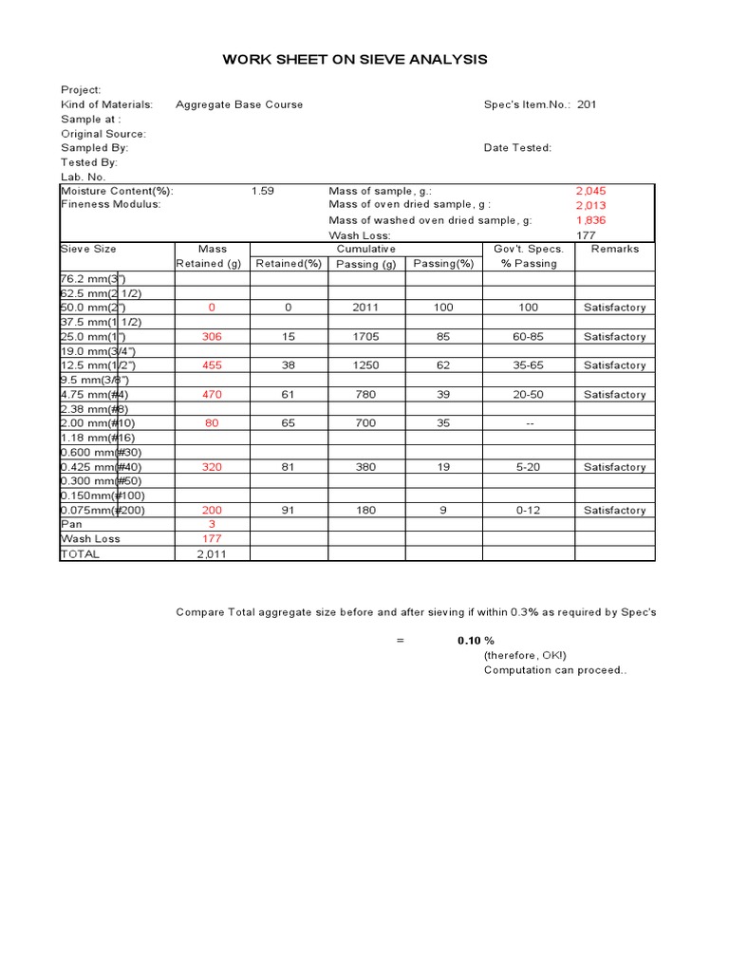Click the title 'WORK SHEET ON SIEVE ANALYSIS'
pos(354,60)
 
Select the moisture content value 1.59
pos(263,191)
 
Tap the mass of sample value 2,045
pos(590,191)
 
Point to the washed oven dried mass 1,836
pos(590,220)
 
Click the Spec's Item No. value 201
pos(588,104)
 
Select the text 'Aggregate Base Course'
pos(239,104)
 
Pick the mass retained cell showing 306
pos(212,337)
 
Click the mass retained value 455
pos(212,365)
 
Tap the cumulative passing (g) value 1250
pos(365,365)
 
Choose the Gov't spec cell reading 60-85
pos(529,337)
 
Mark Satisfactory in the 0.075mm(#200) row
pos(614,511)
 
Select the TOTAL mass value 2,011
pos(212,554)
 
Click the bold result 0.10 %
pos(476,641)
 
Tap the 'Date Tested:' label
pos(517,148)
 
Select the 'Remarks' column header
pos(614,249)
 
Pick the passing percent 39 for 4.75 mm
pos(443,395)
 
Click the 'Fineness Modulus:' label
pos(111,205)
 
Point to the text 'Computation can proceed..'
pos(555,670)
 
